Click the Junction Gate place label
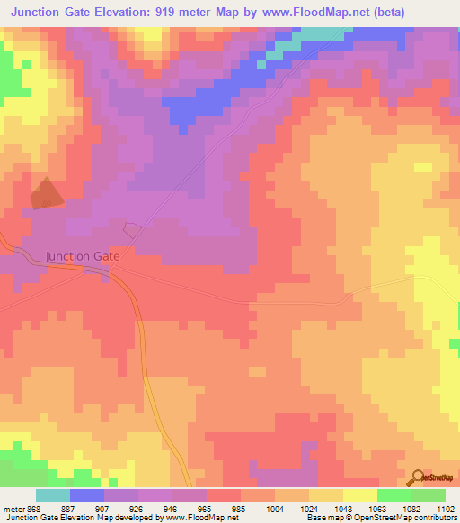click(x=82, y=256)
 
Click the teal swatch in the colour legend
click(x=53, y=495)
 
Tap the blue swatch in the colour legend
click(x=87, y=495)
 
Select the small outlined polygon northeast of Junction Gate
click(x=131, y=229)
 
